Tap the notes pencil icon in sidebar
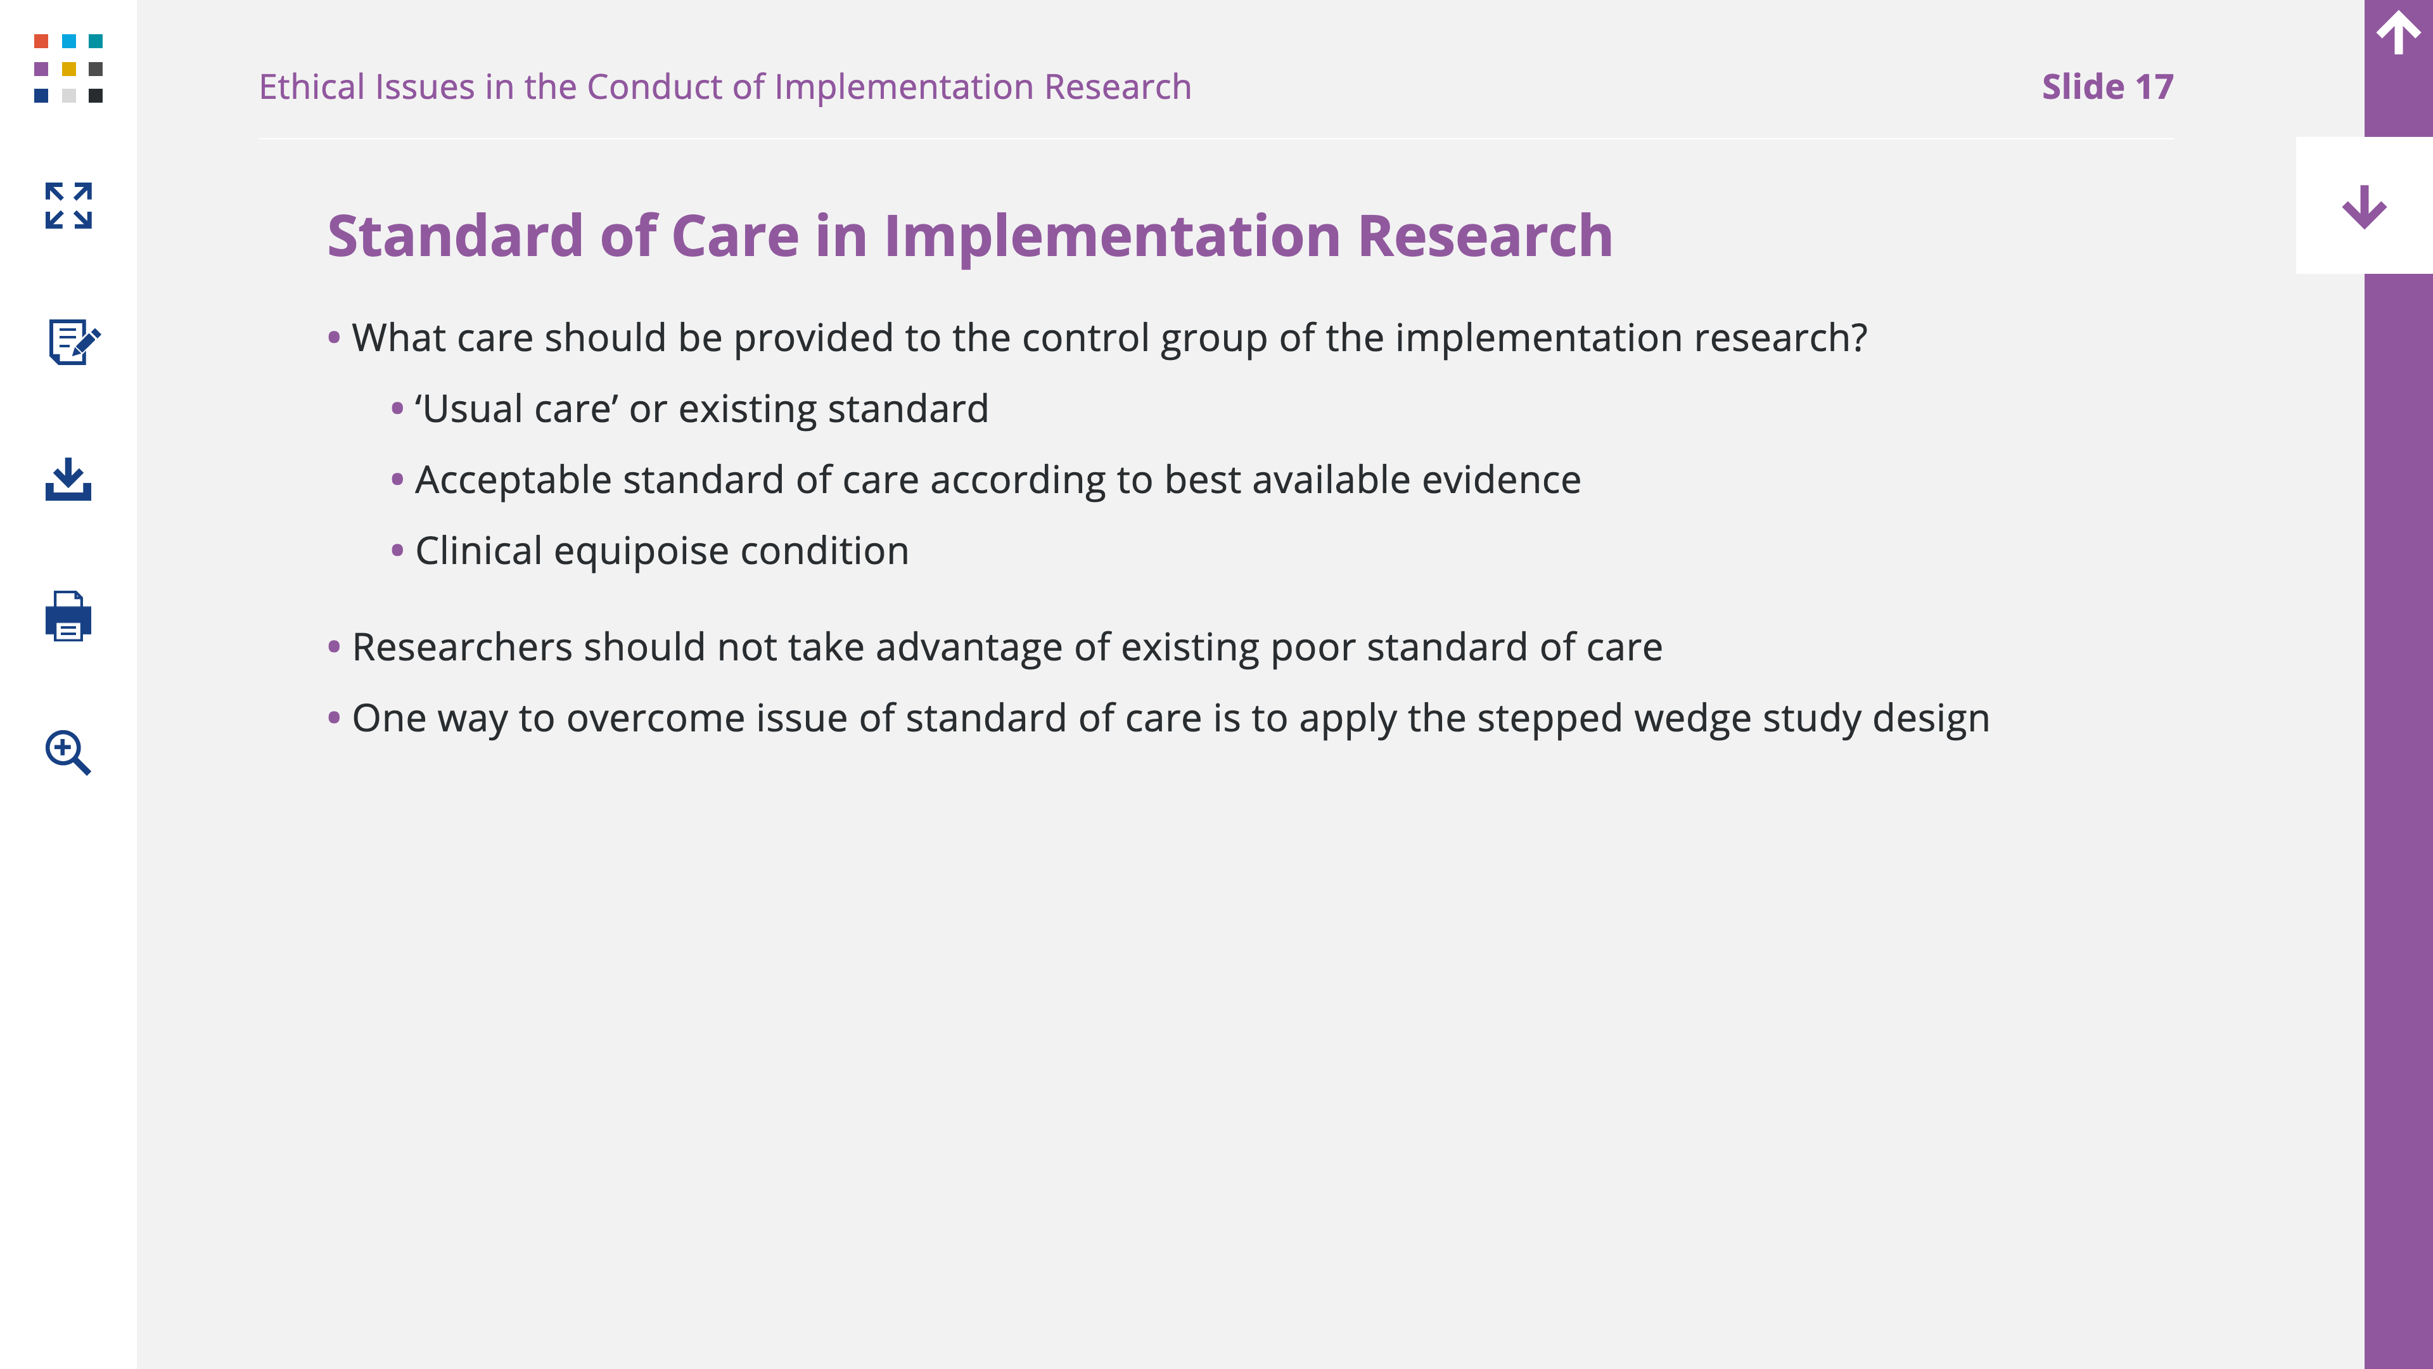click(x=73, y=341)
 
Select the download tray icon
click(x=68, y=479)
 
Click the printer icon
click(x=68, y=616)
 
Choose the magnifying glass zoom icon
click(x=68, y=752)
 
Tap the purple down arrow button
click(x=2364, y=206)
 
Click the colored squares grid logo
click(x=68, y=68)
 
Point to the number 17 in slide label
click(x=2154, y=87)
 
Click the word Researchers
click(x=463, y=647)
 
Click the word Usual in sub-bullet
click(x=472, y=409)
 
